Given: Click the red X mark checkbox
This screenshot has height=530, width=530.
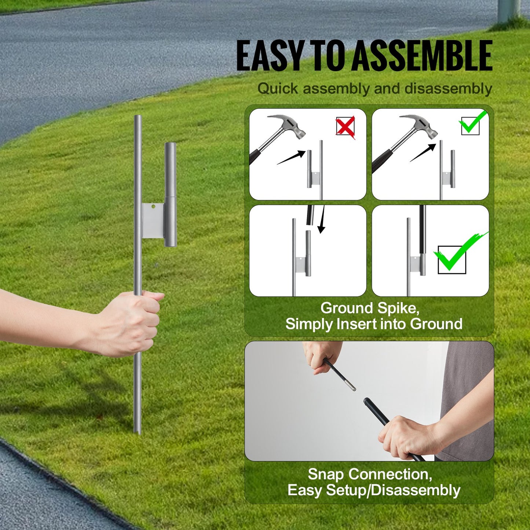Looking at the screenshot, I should pos(345,127).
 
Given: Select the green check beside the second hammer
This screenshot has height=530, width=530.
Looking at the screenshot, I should pos(472,124).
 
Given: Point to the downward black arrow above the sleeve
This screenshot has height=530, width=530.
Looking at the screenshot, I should pos(322,219).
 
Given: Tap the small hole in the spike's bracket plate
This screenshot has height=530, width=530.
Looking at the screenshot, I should pos(154,206).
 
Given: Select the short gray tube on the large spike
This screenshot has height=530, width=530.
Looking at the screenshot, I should pos(170,194).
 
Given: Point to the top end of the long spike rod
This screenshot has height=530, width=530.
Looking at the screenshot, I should pos(138,117).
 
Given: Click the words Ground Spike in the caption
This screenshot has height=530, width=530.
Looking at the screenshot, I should pos(370,308).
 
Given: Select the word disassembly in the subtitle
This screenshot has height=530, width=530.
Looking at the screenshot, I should pos(448,89).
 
